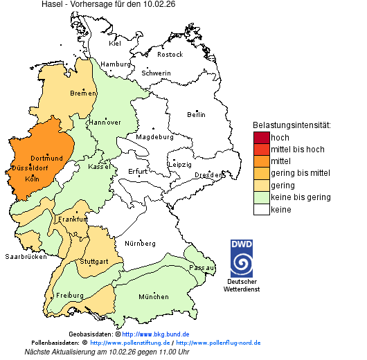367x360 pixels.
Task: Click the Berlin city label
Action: [x=196, y=114]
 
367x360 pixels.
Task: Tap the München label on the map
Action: [x=153, y=297]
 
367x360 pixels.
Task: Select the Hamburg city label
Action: [x=116, y=64]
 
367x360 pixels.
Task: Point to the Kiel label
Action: [x=115, y=43]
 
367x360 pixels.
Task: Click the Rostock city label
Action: [x=170, y=54]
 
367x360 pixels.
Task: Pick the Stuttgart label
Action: [x=94, y=262]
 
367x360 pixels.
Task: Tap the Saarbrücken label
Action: [x=26, y=256]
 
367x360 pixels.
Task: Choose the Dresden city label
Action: [x=208, y=175]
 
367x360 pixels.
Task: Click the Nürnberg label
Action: [x=141, y=244]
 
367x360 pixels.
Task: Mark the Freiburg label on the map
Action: [x=70, y=296]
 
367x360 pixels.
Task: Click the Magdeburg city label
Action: [x=154, y=136]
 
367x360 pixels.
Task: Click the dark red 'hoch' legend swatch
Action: [x=261, y=137]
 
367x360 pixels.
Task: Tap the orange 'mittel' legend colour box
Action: [x=261, y=161]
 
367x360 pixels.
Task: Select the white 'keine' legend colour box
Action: [x=261, y=210]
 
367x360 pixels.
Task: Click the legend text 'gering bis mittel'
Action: [x=300, y=173]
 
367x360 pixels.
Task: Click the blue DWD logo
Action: [x=242, y=258]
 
